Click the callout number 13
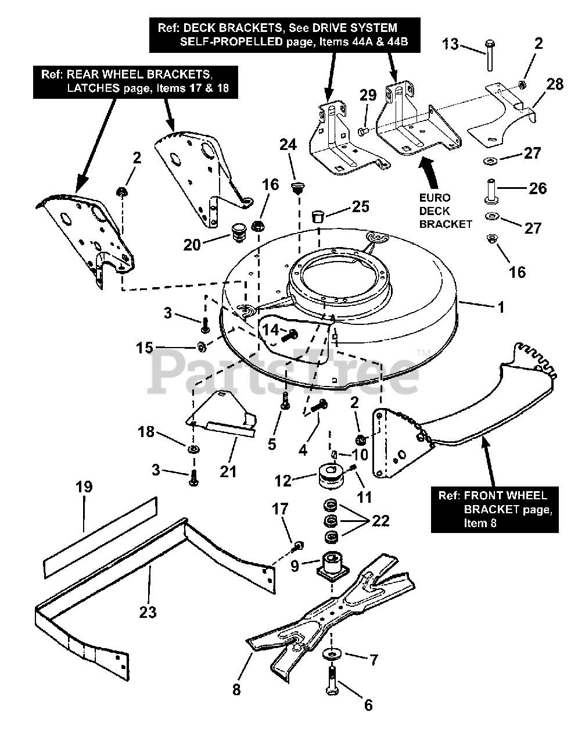click(x=451, y=44)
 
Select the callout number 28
click(x=555, y=84)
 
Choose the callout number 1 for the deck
click(x=501, y=307)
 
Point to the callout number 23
click(x=148, y=612)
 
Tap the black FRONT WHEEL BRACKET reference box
click(x=494, y=510)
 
